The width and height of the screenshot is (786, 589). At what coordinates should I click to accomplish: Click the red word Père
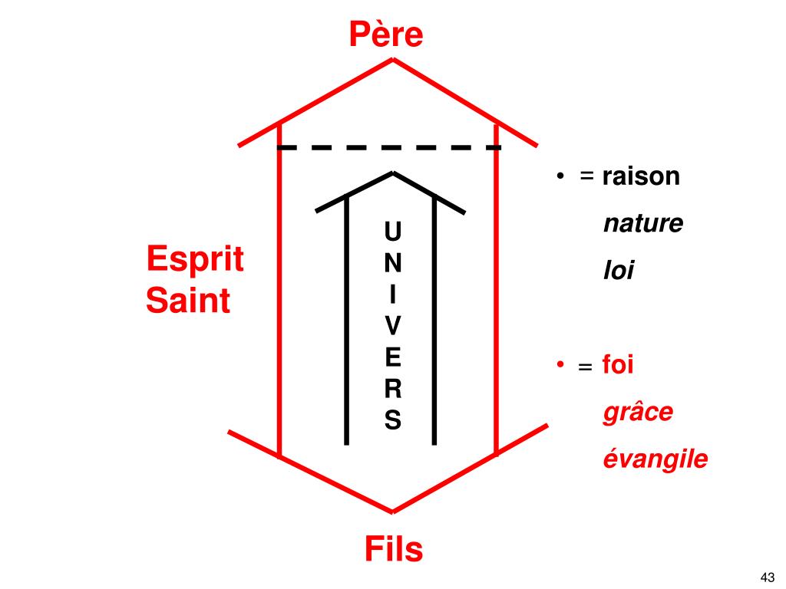(386, 35)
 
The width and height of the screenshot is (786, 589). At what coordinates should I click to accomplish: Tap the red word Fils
(393, 549)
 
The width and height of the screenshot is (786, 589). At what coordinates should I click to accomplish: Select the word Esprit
(195, 259)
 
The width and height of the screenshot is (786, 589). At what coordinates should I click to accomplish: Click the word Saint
(188, 300)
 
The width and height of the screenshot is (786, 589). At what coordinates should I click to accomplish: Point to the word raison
(641, 176)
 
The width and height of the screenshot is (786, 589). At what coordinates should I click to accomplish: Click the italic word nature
(642, 224)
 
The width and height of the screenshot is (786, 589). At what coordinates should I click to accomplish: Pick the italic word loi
(619, 271)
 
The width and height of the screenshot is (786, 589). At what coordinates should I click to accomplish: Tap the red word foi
(618, 364)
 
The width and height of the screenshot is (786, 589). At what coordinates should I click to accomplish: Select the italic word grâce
(638, 412)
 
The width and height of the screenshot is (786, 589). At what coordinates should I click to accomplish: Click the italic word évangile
(655, 459)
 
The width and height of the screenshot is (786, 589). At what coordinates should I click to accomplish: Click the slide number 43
(767, 577)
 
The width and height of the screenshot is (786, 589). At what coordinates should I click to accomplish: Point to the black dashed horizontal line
(388, 146)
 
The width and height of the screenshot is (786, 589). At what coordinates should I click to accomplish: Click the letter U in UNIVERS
(392, 231)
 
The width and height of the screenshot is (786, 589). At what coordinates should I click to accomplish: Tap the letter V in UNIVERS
(392, 326)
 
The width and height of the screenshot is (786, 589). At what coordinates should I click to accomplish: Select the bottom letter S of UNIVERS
(392, 420)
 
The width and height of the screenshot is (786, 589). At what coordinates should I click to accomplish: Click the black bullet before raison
(562, 177)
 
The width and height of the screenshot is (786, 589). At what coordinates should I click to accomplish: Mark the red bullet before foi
(562, 365)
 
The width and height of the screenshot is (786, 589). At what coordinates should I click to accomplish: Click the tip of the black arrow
(393, 173)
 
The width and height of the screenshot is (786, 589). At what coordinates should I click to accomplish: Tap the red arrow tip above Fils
(393, 512)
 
